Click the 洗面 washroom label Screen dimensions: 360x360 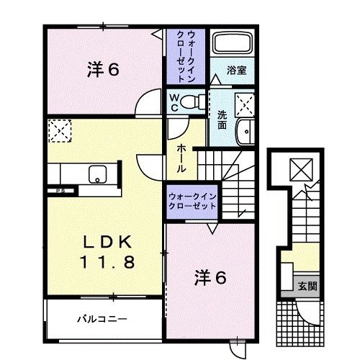(x=222, y=118)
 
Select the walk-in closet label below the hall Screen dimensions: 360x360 (x=192, y=200)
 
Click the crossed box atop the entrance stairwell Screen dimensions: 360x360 (x=298, y=169)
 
